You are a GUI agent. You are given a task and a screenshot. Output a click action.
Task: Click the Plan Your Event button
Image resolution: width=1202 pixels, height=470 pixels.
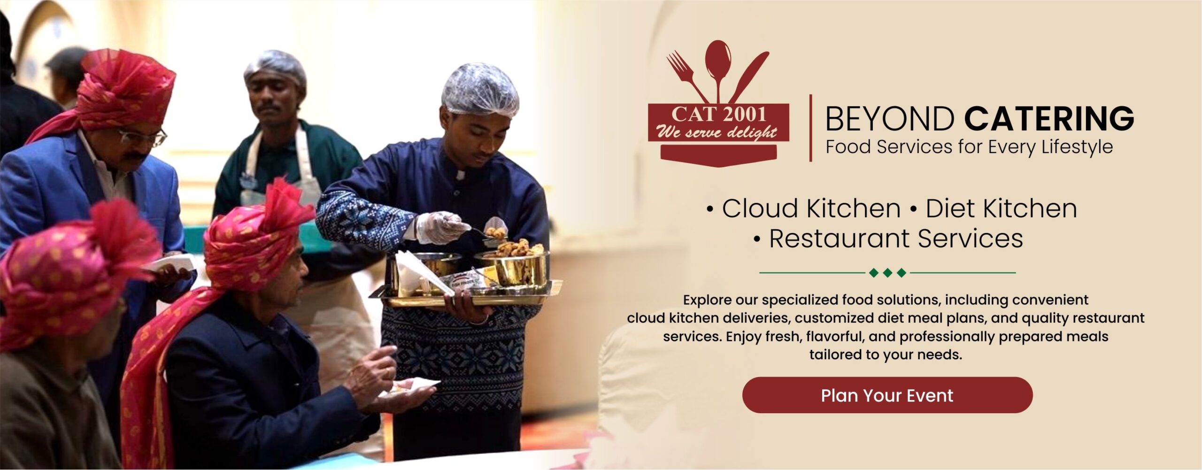click(x=887, y=395)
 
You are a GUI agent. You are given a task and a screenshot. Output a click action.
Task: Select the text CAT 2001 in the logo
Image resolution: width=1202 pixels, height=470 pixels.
click(x=718, y=114)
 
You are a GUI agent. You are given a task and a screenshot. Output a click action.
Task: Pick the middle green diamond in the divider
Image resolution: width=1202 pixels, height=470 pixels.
click(x=887, y=273)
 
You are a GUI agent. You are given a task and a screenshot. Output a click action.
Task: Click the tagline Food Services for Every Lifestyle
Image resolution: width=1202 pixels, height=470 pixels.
click(x=969, y=147)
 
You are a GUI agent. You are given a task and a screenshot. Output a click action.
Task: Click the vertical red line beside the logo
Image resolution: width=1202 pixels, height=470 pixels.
click(x=811, y=128)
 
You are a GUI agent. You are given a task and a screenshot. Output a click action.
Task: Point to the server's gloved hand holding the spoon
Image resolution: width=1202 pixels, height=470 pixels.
click(x=441, y=227)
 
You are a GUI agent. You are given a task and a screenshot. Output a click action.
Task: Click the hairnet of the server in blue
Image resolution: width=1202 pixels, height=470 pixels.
click(x=480, y=90)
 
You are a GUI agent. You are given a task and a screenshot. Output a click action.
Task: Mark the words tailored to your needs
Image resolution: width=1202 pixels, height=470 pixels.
click(x=886, y=354)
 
